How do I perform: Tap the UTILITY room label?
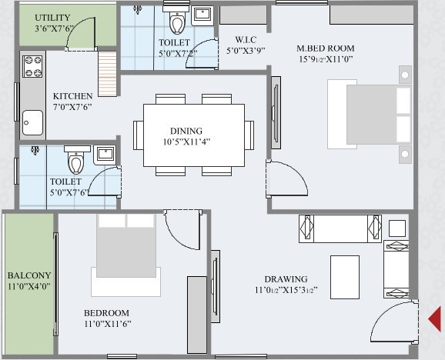point(52,17)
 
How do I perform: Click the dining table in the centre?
point(193,135)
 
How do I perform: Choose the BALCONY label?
point(28,275)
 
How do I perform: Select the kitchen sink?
point(32,122)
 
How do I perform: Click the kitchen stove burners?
point(32,67)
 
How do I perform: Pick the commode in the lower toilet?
point(75,162)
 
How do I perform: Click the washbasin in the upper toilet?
point(202,15)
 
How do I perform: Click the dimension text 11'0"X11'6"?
point(106,325)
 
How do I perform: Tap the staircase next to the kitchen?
point(106,69)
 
